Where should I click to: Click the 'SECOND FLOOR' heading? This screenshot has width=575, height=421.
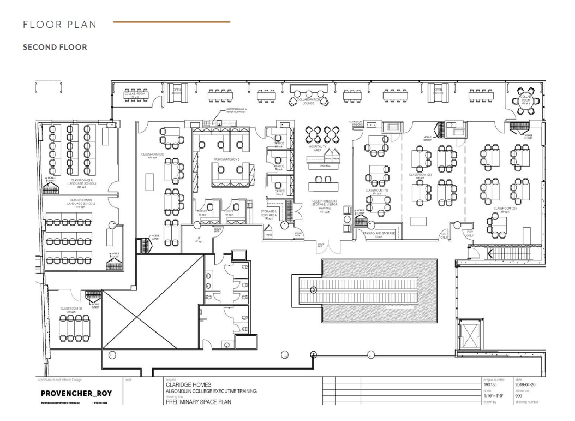(x=55, y=47)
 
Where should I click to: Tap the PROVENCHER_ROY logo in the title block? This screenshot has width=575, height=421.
(x=69, y=393)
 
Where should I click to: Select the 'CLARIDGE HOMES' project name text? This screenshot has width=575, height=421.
(x=189, y=385)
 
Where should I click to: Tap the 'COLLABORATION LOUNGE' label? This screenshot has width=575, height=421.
(x=308, y=102)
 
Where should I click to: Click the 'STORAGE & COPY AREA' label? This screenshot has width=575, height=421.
(x=268, y=213)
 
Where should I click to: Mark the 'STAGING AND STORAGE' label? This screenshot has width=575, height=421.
(x=379, y=233)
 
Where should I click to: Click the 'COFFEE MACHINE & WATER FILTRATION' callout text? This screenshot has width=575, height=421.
(x=236, y=111)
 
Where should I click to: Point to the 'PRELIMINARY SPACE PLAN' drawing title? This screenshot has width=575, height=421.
(x=198, y=402)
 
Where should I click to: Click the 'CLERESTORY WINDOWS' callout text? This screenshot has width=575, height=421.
(x=356, y=123)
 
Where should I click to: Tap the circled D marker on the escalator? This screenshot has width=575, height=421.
(x=314, y=290)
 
